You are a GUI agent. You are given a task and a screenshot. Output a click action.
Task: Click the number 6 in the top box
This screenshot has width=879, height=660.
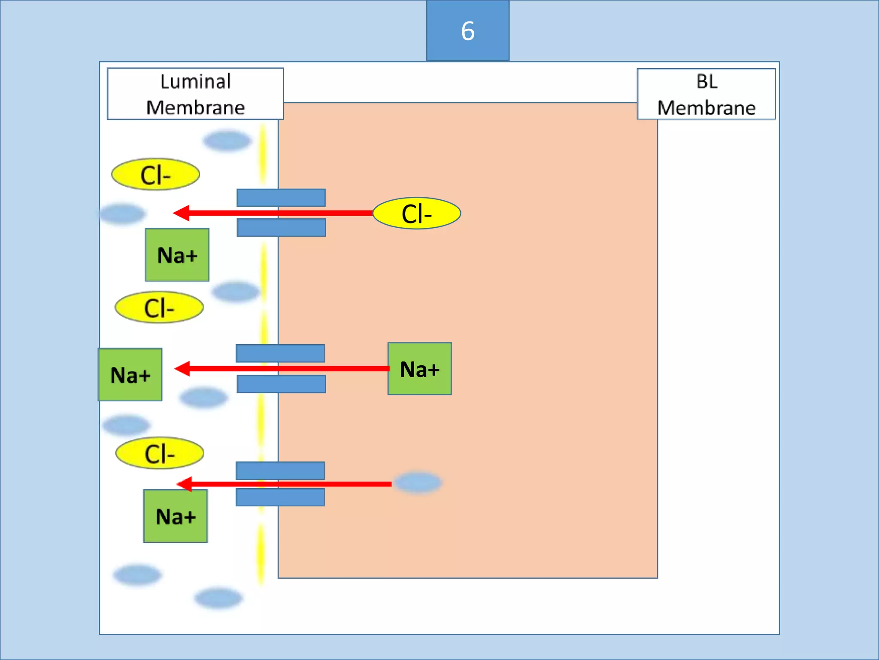click(467, 31)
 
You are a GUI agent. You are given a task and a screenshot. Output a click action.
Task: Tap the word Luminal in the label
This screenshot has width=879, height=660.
click(195, 81)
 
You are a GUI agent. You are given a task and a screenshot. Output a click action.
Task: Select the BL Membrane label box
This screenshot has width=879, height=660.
click(706, 94)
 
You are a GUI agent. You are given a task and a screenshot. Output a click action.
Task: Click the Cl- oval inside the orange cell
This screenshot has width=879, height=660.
click(416, 213)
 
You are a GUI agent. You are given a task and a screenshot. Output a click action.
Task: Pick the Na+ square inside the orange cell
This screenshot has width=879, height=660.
click(419, 369)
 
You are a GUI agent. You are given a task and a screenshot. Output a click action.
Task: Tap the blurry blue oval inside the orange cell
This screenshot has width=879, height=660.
click(418, 483)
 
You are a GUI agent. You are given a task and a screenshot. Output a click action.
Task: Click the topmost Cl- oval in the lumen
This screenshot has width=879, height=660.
click(155, 174)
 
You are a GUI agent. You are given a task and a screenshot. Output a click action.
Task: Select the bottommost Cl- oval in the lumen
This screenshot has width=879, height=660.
click(160, 453)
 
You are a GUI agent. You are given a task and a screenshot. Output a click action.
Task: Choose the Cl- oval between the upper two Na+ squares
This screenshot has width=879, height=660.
click(159, 307)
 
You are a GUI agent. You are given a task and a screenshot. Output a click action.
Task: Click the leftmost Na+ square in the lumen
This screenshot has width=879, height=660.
click(130, 375)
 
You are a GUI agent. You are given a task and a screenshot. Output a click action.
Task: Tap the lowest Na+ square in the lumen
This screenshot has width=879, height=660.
click(175, 516)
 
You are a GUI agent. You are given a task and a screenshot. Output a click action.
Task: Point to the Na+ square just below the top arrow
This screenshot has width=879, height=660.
click(177, 255)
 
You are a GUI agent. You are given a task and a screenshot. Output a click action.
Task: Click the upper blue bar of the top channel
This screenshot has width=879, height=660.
click(281, 198)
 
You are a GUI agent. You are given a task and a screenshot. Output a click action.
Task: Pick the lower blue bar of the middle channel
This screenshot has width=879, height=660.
click(281, 384)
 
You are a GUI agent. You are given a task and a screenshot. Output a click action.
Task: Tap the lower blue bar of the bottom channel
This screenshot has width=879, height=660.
click(280, 497)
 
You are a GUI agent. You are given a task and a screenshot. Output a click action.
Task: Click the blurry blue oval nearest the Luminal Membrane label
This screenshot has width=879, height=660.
click(227, 141)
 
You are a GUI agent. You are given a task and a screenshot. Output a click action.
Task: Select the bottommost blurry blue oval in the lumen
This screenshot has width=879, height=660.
click(218, 598)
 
